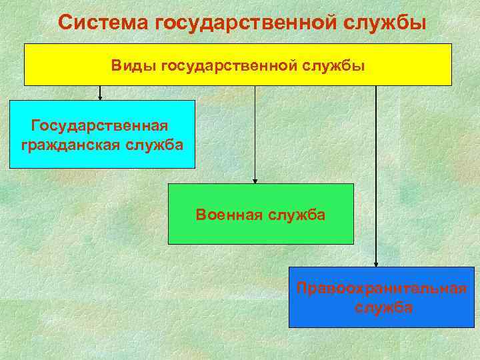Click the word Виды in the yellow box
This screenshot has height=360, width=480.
point(125,66)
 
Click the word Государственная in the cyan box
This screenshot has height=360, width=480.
point(100,125)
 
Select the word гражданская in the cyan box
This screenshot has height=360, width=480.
point(71,145)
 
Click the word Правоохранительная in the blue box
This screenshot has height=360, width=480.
point(381,289)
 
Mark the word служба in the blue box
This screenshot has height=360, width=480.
point(383,308)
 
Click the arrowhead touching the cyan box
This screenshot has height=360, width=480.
point(101,97)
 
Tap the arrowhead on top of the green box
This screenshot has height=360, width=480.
point(255,181)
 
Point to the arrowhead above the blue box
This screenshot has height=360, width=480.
point(376,264)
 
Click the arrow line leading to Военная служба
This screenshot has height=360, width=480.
point(255,133)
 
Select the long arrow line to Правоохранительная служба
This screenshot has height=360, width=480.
point(376,173)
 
